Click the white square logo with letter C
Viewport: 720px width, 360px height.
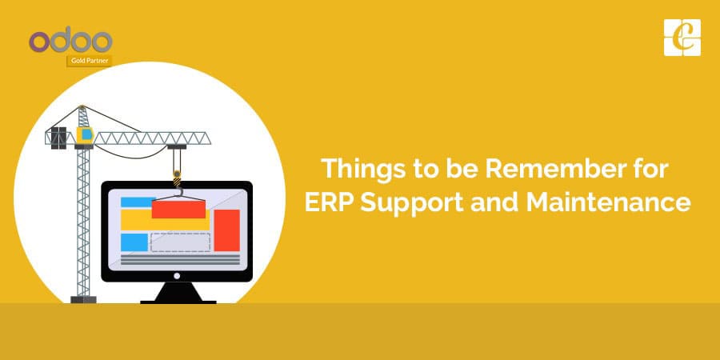681,37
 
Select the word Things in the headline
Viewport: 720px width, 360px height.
358,170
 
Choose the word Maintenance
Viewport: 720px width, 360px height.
607,202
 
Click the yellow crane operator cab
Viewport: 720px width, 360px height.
83,133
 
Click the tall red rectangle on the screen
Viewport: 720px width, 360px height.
226,230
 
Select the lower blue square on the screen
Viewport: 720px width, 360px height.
133,242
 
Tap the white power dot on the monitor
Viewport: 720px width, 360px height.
178,274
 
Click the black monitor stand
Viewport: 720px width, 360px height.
178,293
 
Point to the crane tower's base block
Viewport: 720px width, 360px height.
83,300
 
